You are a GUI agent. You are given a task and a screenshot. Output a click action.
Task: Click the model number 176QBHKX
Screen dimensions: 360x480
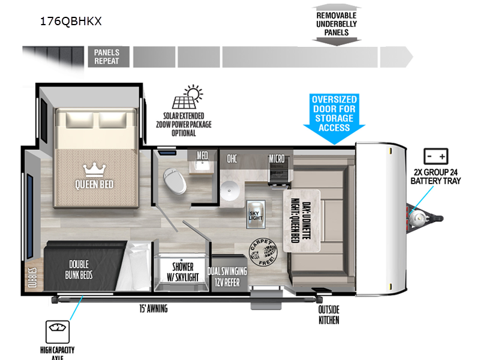coord(71,22)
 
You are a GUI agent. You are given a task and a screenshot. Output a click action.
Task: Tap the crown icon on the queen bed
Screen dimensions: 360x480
coord(94,167)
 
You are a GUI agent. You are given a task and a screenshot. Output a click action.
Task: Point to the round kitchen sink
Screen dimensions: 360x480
coord(229,193)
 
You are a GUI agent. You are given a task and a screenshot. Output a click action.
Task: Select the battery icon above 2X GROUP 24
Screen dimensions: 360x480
coord(436,157)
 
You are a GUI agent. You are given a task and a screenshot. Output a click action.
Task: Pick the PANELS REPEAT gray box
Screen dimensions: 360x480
coord(107,56)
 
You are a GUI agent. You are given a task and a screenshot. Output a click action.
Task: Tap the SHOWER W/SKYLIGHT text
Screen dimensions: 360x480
coord(182,272)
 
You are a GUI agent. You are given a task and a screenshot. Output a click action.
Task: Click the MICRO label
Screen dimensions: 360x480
coord(277,158)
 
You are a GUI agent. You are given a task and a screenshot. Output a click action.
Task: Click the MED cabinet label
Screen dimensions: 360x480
coord(202,155)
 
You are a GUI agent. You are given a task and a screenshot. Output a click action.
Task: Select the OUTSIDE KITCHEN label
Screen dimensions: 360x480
coord(329,314)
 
